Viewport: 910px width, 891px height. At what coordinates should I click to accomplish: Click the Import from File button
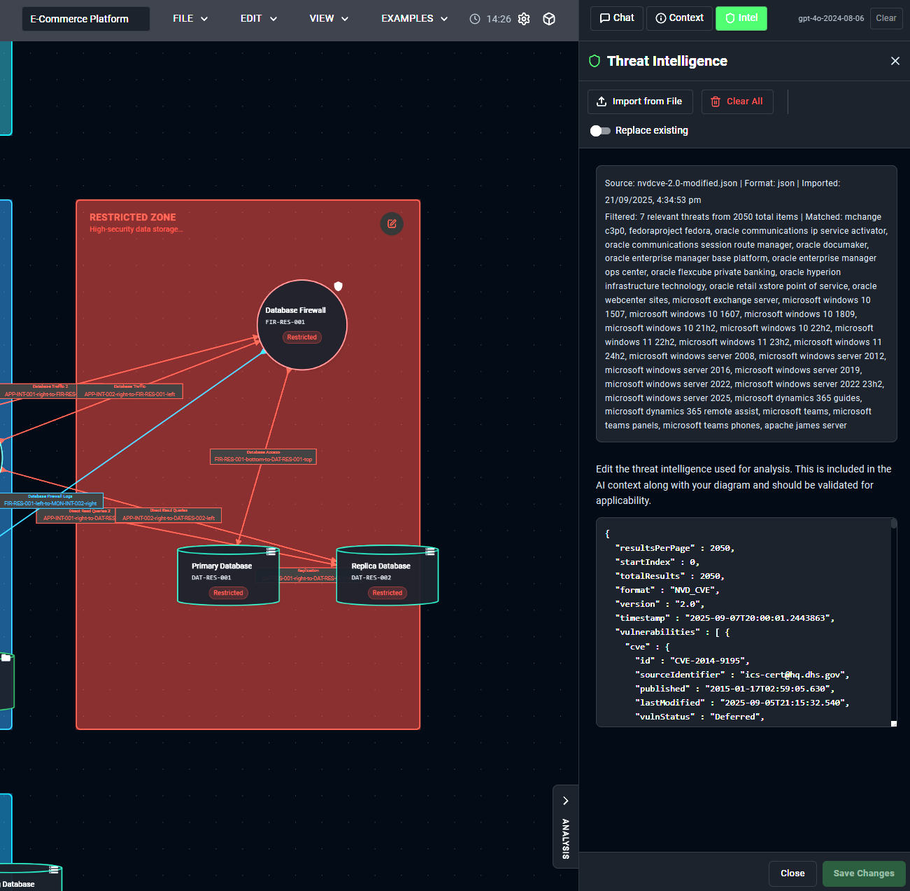[x=640, y=101]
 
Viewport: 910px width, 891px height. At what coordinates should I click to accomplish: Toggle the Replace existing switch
[x=600, y=131]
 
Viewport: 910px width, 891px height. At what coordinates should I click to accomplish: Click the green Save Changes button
[x=863, y=874]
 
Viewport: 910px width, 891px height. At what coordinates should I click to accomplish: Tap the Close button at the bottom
[x=792, y=874]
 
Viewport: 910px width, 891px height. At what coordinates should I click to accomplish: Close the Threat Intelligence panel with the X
[x=895, y=61]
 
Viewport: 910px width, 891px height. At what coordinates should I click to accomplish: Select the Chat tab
[x=617, y=18]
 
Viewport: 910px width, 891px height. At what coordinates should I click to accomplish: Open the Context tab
[x=679, y=18]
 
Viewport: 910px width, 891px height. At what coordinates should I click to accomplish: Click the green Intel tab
[x=741, y=18]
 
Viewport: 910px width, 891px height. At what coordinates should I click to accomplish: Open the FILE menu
[x=190, y=19]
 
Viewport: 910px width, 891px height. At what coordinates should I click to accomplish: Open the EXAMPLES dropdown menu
[x=414, y=19]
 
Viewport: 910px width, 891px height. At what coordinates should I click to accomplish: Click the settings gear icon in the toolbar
[x=524, y=19]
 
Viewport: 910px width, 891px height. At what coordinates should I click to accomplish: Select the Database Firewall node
[x=302, y=325]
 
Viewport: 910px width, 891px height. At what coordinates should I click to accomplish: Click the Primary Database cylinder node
[x=228, y=575]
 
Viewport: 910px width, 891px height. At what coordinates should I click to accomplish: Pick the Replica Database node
[x=387, y=575]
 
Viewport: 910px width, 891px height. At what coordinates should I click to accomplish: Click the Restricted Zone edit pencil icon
[x=392, y=224]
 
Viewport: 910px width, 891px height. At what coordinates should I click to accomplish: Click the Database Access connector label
[x=263, y=457]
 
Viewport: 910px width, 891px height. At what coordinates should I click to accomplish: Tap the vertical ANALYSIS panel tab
[x=565, y=827]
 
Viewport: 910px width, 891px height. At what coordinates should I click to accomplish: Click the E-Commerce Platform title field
[x=86, y=19]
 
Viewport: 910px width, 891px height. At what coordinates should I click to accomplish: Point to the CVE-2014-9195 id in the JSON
[x=709, y=661]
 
